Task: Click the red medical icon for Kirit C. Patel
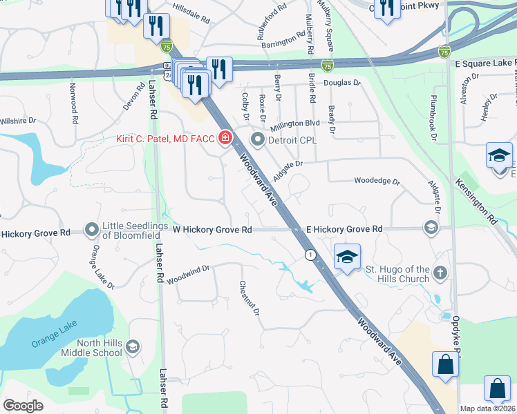225,139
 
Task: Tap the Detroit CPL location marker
258,140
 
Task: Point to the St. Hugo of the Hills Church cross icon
440,274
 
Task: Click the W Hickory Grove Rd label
211,229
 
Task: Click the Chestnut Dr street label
249,299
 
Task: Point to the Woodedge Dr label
377,181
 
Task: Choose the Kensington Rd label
476,200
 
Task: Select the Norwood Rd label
73,104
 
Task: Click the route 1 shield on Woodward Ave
311,255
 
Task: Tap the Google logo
23,406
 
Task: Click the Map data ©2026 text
487,408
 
